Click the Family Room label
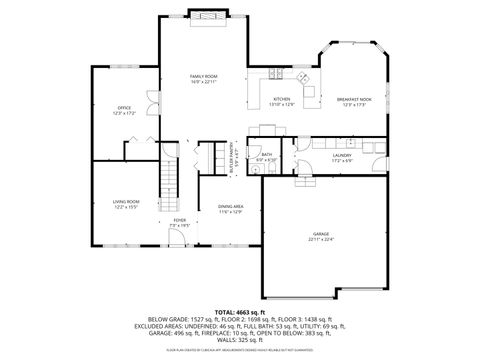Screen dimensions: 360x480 click(x=204, y=76)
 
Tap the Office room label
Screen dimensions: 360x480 click(x=125, y=107)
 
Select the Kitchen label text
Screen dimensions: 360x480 click(x=282, y=100)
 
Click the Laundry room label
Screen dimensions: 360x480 click(x=341, y=155)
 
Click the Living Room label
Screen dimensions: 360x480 click(x=125, y=202)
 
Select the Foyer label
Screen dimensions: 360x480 click(x=179, y=220)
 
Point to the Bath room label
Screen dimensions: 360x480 click(x=266, y=155)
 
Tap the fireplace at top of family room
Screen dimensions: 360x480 click(x=208, y=16)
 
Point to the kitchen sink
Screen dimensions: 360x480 click(x=277, y=74)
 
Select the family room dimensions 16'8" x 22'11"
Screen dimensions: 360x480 click(x=204, y=82)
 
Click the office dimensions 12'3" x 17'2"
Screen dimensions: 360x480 click(x=125, y=112)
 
